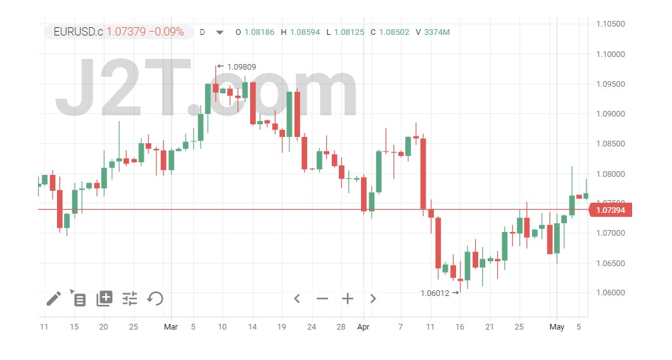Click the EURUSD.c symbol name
pos(78,32)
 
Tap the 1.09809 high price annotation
pos(241,66)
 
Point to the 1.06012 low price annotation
pos(435,293)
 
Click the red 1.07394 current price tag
pos(611,210)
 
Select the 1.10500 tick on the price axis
pos(611,24)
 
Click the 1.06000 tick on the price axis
pos(611,293)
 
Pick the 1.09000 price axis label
pos(611,114)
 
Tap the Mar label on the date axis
pos(171,327)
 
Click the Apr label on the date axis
pos(363,327)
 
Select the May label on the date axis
pos(557,327)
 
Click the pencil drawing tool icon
pos(54,299)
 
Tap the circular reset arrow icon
pos(155,299)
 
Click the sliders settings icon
pos(130,299)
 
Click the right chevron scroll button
pos(373,299)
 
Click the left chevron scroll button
pos(296,299)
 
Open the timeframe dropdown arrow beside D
pos(220,32)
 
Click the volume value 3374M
pos(437,32)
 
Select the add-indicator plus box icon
pos(105,299)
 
